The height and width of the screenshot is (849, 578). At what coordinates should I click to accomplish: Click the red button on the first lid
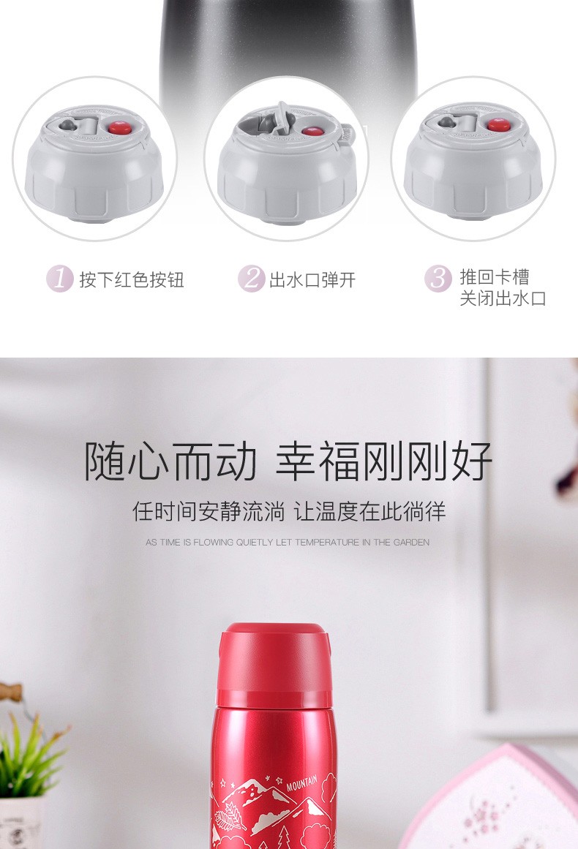tap(118, 128)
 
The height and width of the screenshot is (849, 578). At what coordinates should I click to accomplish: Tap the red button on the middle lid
tap(310, 131)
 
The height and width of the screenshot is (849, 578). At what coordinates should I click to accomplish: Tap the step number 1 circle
tap(59, 279)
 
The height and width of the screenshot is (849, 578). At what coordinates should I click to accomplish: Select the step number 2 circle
tap(252, 279)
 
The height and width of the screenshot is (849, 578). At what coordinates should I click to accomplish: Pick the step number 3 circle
tap(438, 279)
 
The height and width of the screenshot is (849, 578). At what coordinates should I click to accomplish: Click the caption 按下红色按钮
tap(132, 280)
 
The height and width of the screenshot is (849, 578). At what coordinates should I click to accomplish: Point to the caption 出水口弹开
tap(312, 280)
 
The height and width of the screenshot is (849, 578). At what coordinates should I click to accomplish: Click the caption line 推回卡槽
tap(495, 277)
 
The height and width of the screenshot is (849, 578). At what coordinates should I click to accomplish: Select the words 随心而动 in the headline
tap(170, 461)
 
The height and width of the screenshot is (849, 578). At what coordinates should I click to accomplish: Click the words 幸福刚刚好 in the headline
tap(384, 461)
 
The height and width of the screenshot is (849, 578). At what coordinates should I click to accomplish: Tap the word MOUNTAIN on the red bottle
tap(301, 782)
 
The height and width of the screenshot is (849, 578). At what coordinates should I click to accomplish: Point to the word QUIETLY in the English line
tap(255, 542)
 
